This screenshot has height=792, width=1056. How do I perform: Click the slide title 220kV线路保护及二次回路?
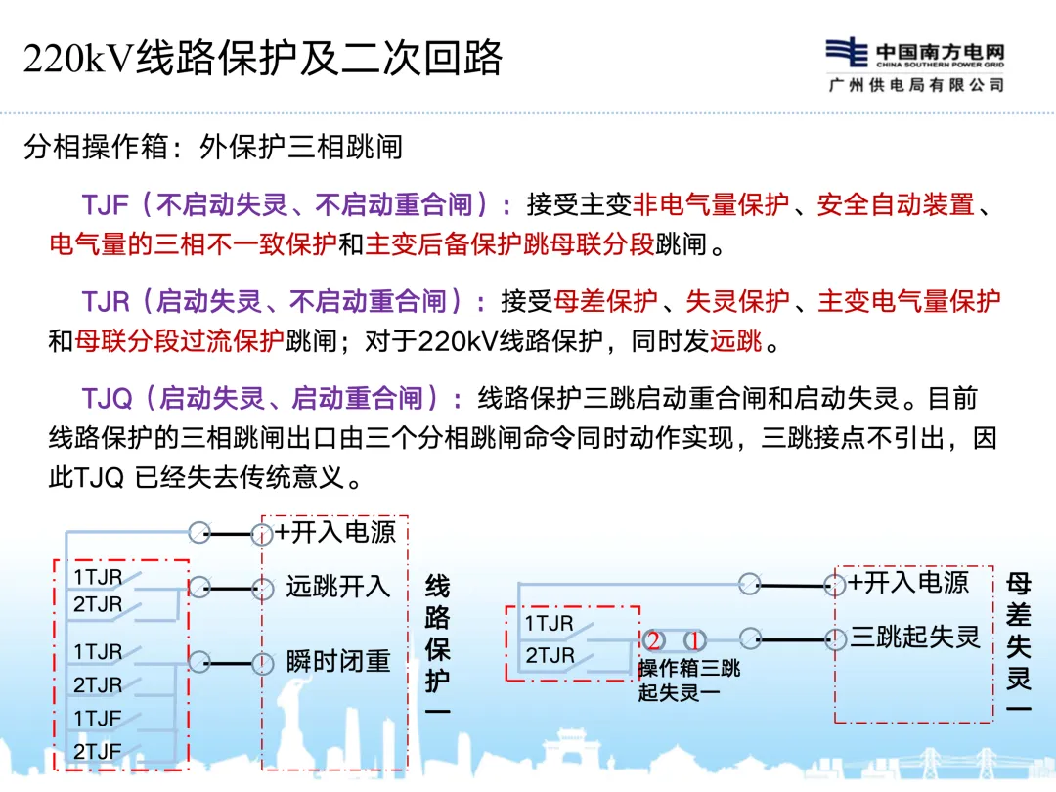(x=262, y=59)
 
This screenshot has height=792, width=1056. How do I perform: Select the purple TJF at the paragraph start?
(x=106, y=205)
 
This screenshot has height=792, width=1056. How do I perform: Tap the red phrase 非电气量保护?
(x=711, y=205)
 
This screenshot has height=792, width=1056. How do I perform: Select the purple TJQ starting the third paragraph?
(x=107, y=399)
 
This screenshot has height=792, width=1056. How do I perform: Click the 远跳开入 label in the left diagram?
(x=338, y=587)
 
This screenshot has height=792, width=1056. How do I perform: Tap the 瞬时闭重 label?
(x=338, y=662)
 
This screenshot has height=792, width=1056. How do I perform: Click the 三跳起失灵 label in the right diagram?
(x=914, y=638)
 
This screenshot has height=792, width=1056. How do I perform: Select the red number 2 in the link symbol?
(x=654, y=641)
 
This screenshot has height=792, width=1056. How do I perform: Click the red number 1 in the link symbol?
(x=694, y=641)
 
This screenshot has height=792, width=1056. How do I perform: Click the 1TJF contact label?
(x=98, y=719)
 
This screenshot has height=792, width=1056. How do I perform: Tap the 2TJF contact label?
(x=98, y=752)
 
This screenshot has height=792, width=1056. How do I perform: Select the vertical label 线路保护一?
(x=438, y=646)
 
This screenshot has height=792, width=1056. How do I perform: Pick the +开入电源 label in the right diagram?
(x=908, y=583)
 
